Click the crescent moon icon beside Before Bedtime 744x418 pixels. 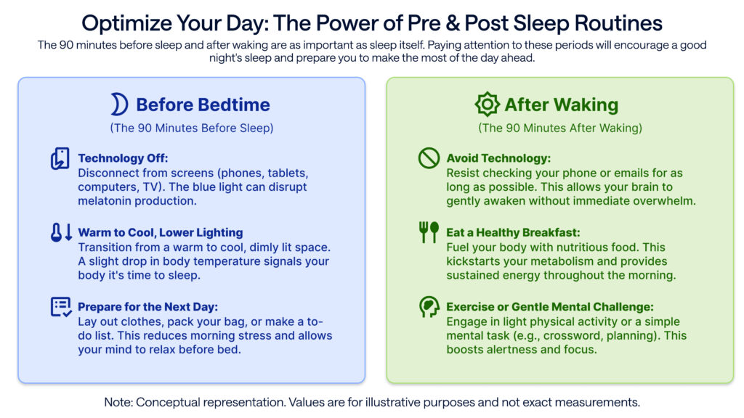click(x=119, y=104)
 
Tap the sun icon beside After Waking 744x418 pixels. click(x=488, y=104)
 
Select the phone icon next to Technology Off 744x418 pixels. click(x=60, y=159)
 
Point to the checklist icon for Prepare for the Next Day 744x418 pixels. click(x=61, y=307)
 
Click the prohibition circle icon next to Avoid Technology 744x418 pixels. click(x=429, y=158)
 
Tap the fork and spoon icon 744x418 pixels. click(x=429, y=232)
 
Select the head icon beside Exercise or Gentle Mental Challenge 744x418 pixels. click(x=429, y=307)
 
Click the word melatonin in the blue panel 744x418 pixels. click(x=105, y=201)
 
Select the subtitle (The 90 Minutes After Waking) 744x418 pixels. click(x=559, y=128)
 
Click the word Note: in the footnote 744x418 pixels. click(x=118, y=401)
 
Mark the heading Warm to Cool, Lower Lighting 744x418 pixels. click(x=161, y=233)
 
